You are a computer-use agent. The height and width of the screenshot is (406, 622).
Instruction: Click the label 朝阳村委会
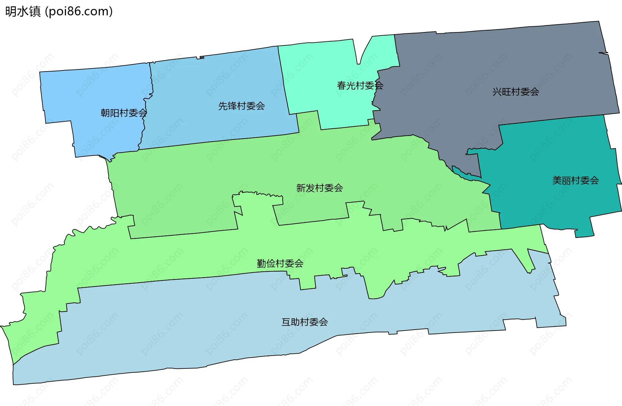coord(124,113)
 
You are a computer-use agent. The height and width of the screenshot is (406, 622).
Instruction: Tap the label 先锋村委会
coord(241,106)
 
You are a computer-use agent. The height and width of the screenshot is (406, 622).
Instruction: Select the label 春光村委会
coord(360,85)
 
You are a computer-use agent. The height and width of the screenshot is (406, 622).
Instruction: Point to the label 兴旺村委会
coord(515,92)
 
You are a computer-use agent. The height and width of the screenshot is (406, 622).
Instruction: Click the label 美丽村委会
coord(575,180)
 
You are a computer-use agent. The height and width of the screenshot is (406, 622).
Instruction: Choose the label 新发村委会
coord(319,188)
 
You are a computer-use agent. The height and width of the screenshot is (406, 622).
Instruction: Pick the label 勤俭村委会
coord(280,264)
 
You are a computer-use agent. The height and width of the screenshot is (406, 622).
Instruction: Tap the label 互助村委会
coord(305,322)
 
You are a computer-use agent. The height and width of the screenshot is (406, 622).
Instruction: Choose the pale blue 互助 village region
coord(227,324)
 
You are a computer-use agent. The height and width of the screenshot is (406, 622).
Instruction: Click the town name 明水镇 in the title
coord(23,11)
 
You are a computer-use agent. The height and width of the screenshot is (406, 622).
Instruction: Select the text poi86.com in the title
coord(79,11)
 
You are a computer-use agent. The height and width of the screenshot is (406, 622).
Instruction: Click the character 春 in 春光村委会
coord(341,85)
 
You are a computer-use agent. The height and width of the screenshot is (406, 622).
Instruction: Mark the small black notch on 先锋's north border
coord(201,57)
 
